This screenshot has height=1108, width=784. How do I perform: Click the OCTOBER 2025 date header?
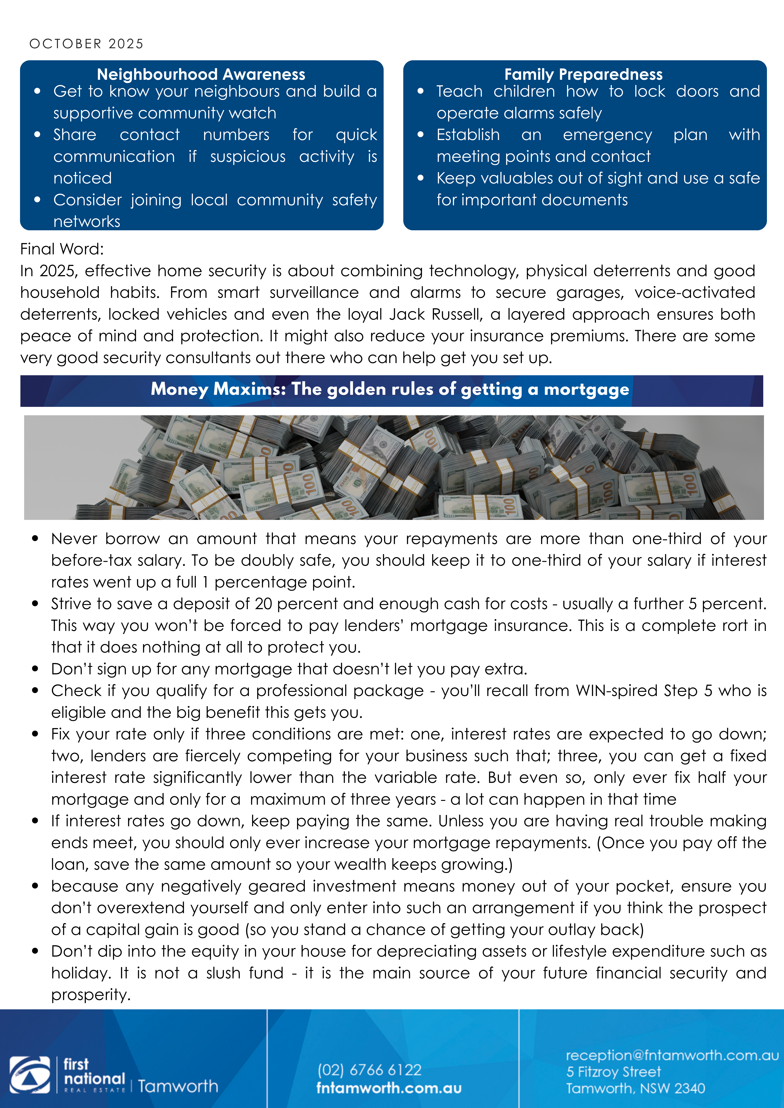pos(86,44)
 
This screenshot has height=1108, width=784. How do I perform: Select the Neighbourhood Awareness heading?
pos(201,74)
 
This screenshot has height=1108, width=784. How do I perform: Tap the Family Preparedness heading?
pos(584,74)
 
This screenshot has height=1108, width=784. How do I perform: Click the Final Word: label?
pos(62,249)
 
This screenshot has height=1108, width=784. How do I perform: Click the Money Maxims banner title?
pos(390,389)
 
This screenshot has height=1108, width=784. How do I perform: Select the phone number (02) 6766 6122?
pos(370,1070)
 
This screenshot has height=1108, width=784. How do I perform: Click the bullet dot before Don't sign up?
pos(35,669)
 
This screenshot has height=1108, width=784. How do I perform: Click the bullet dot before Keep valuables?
pos(421,178)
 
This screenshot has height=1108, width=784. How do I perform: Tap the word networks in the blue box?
pos(87,221)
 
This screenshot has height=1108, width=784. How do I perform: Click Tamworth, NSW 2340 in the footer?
pos(635,1088)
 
